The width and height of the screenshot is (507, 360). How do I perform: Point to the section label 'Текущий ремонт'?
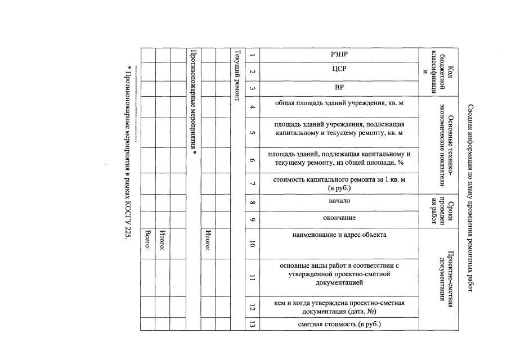(x=237, y=76)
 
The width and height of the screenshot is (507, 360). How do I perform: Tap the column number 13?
(x=252, y=324)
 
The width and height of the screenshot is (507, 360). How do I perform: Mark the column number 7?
(x=252, y=183)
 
